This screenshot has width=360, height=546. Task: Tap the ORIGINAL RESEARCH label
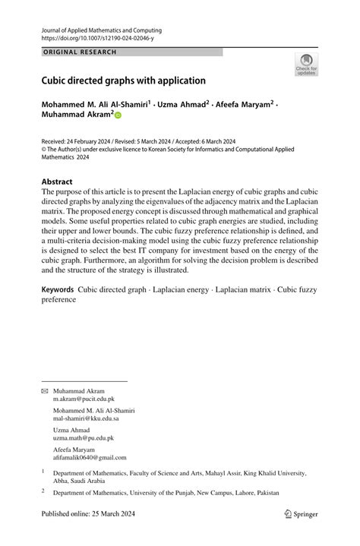(x=79, y=52)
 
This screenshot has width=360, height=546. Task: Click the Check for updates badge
(x=306, y=65)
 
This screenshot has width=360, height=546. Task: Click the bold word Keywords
(x=58, y=289)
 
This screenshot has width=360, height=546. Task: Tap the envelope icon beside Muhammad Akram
(x=44, y=390)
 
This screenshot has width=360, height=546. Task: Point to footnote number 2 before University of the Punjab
(x=43, y=491)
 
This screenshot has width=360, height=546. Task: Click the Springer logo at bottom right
(x=302, y=514)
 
